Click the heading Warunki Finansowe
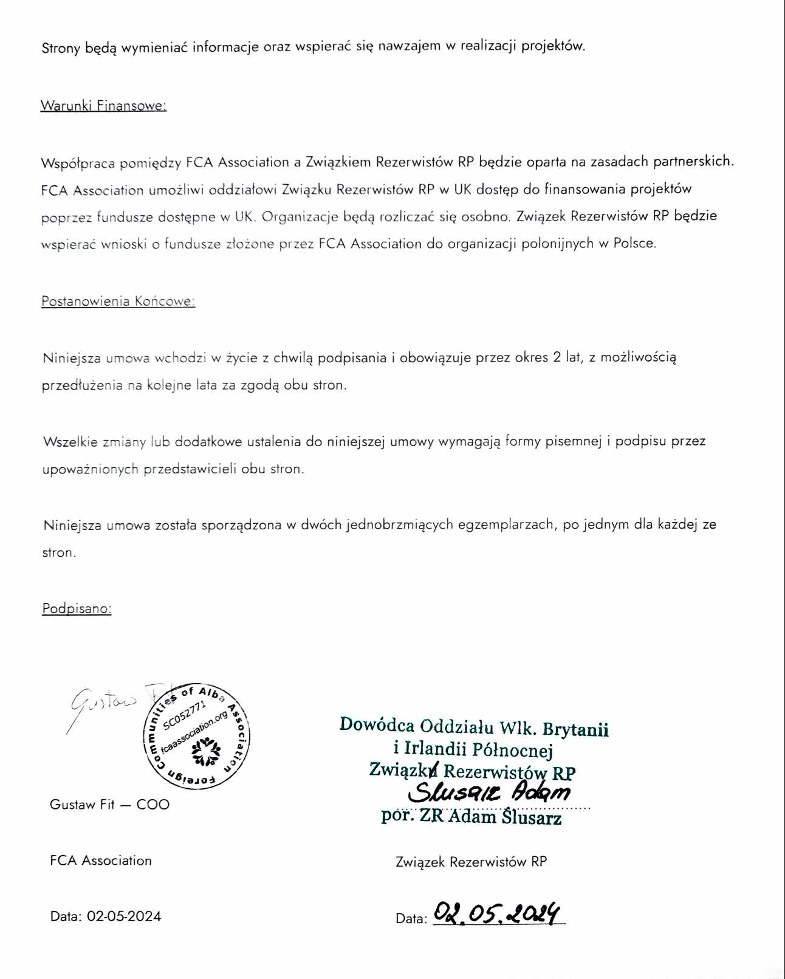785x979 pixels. coord(103,105)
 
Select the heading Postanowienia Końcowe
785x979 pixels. coord(118,301)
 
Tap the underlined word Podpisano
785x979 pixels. coord(77,608)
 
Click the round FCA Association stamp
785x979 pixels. coord(196,735)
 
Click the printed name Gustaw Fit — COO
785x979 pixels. coord(109,804)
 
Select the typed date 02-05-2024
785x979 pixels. coord(124,916)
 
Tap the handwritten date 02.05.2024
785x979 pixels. coord(498,913)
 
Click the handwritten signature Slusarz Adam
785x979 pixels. coord(489,792)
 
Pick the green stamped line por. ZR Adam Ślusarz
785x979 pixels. coord(471,817)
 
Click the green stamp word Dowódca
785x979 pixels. coord(377,725)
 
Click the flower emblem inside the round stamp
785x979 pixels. coord(205,752)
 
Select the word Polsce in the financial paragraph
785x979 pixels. coord(634,243)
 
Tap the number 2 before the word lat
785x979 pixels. coord(557,357)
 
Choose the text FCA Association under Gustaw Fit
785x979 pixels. coord(101,860)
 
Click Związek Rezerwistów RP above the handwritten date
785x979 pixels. coord(471,862)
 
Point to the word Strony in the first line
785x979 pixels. coord(61,47)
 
